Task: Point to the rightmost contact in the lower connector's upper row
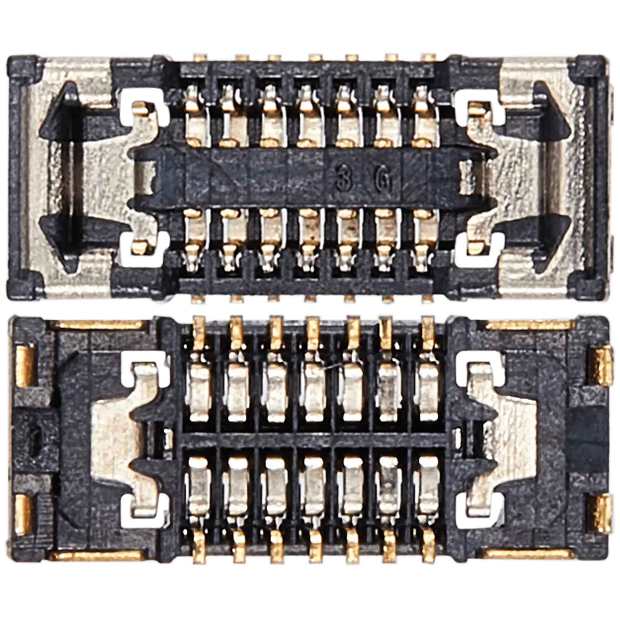tap(428, 393)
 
